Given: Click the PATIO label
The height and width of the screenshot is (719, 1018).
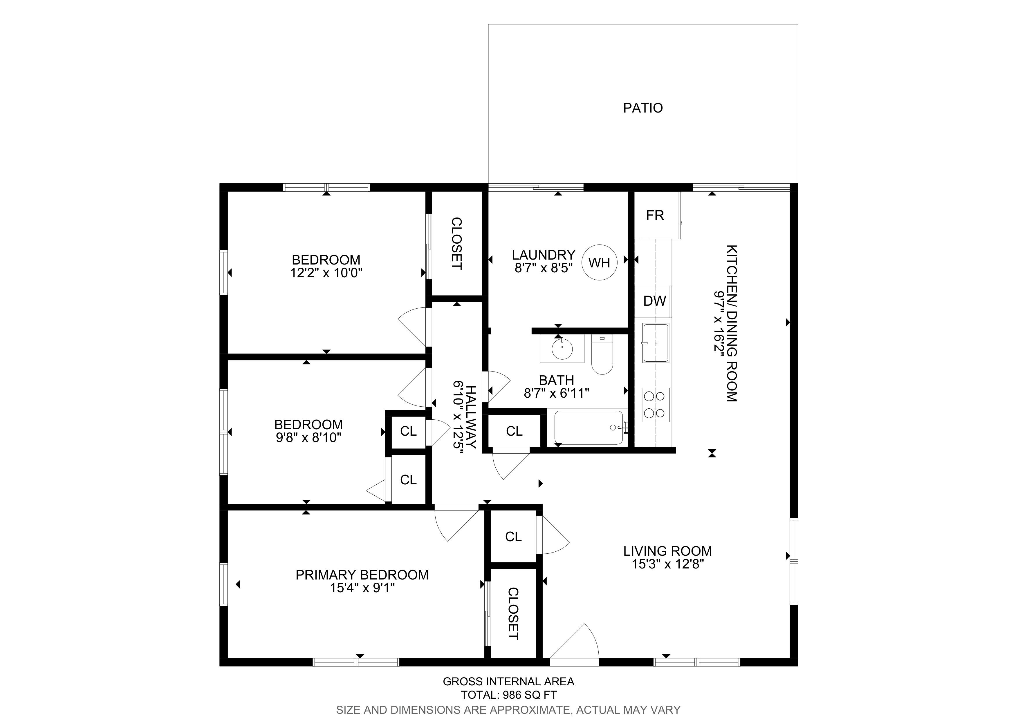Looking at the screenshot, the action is pos(642,108).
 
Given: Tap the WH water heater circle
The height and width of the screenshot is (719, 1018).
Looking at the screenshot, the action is pos(600,263).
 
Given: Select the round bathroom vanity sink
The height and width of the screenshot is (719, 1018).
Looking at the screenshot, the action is pos(562,349).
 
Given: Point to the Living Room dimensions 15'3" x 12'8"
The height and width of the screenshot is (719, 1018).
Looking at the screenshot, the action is pos(668,564).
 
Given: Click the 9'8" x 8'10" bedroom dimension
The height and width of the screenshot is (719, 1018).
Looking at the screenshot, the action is pos(308,438).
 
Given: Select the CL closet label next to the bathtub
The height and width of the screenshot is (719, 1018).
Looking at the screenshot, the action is pos(514,431).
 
